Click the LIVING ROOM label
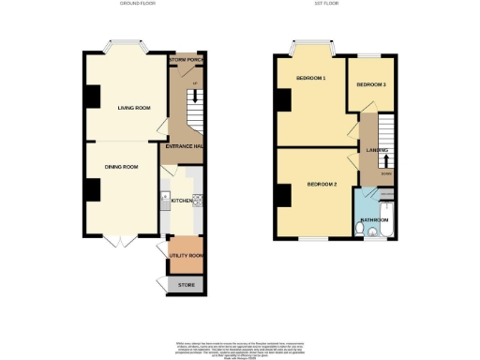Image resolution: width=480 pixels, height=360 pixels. click(x=134, y=108)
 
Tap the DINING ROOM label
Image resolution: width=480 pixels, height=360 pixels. click(x=121, y=167)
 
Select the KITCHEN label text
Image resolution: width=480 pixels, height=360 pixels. click(x=181, y=201)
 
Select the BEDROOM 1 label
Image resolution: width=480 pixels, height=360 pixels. click(x=310, y=77)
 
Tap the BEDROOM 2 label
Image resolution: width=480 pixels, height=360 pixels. click(x=322, y=184)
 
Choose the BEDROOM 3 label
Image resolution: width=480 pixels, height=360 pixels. click(x=370, y=85)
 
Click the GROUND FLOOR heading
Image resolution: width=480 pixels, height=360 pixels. click(x=138, y=5)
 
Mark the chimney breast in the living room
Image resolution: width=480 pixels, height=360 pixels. click(x=92, y=97)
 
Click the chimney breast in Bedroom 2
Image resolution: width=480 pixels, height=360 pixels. click(x=282, y=196)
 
